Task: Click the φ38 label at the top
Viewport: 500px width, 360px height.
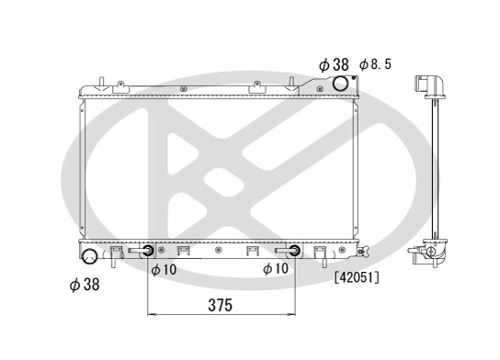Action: [x=335, y=64]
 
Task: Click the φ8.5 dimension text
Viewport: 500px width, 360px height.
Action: [x=376, y=64]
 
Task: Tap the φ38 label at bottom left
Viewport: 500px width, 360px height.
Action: [x=85, y=285]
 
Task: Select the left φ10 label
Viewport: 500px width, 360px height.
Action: [x=164, y=269]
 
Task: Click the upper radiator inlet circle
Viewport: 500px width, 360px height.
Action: [x=341, y=84]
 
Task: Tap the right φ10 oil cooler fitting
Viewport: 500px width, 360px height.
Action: [x=293, y=250]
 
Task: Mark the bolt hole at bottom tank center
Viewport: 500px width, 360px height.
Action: [x=217, y=249]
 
